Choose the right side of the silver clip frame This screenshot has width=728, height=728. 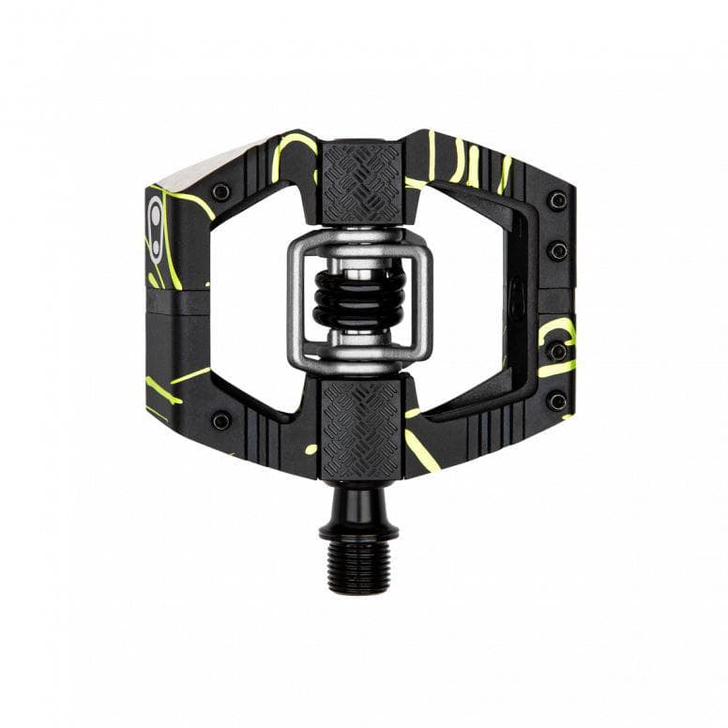click(x=423, y=298)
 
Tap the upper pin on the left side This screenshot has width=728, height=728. click(x=220, y=191)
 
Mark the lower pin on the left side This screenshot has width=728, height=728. click(x=220, y=421)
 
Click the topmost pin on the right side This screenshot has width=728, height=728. click(x=557, y=200)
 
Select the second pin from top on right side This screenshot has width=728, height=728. click(x=557, y=250)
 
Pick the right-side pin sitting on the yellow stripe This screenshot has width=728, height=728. click(x=557, y=351)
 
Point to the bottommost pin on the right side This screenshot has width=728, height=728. click(x=557, y=402)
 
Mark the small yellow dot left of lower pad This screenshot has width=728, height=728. click(x=310, y=449)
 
